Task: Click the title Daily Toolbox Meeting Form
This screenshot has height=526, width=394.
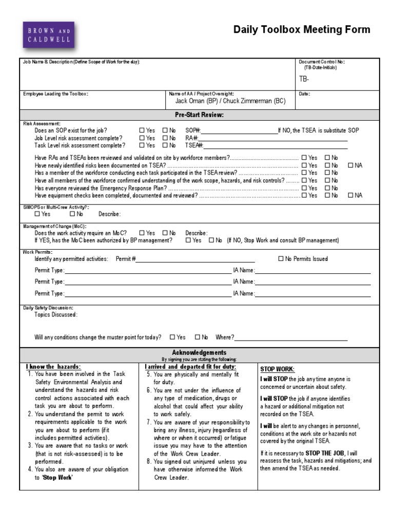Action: click(x=302, y=30)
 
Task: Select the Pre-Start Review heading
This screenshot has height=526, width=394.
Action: click(x=199, y=115)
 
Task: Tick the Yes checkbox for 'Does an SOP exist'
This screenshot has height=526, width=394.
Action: click(x=142, y=130)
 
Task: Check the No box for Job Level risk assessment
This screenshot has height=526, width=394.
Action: click(x=165, y=138)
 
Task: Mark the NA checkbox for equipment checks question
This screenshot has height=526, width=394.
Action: click(x=350, y=195)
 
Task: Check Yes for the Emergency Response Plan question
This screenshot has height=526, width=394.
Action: click(x=304, y=188)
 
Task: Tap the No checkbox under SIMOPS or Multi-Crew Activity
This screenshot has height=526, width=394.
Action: click(x=72, y=214)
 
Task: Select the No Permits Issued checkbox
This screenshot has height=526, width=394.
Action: click(x=281, y=259)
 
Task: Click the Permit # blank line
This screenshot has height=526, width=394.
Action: click(x=195, y=259)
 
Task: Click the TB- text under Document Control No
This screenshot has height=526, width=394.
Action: click(x=304, y=79)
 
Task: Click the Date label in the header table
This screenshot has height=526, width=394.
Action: click(x=304, y=94)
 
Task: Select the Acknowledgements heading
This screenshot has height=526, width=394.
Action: click(x=199, y=352)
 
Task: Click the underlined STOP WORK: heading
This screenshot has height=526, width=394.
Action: click(x=277, y=369)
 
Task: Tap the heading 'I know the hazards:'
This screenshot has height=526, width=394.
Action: click(x=53, y=367)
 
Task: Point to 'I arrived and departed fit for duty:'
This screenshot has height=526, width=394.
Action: click(x=190, y=367)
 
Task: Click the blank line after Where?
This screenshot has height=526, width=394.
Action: click(x=291, y=337)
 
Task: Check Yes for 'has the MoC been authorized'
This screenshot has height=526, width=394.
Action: click(x=188, y=240)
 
